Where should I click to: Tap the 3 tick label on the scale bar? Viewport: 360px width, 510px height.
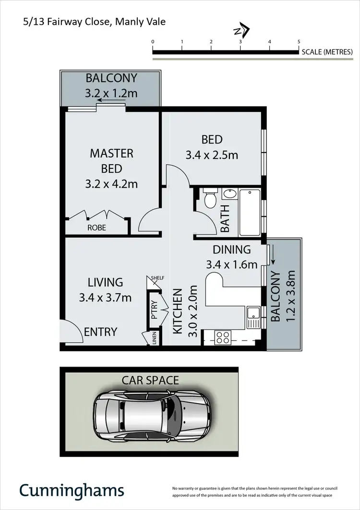pyautogui.click(x=240, y=42)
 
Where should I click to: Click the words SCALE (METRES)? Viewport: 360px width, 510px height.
pyautogui.click(x=327, y=52)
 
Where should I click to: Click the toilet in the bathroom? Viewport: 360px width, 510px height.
pyautogui.click(x=210, y=199)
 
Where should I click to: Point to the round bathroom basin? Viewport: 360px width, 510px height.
pyautogui.click(x=229, y=194)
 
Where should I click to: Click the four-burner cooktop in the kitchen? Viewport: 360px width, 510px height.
pyautogui.click(x=223, y=337)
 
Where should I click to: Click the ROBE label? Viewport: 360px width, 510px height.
pyautogui.click(x=97, y=227)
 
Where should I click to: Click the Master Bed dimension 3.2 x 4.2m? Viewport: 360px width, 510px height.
pyautogui.click(x=112, y=184)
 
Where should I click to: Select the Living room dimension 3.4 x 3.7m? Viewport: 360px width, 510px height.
pyautogui.click(x=106, y=297)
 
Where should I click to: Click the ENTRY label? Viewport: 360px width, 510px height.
pyautogui.click(x=101, y=332)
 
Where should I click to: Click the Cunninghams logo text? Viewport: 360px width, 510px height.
pyautogui.click(x=72, y=490)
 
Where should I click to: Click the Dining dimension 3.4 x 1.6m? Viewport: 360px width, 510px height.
pyautogui.click(x=232, y=264)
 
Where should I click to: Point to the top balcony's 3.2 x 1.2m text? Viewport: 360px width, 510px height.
pyautogui.click(x=111, y=93)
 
